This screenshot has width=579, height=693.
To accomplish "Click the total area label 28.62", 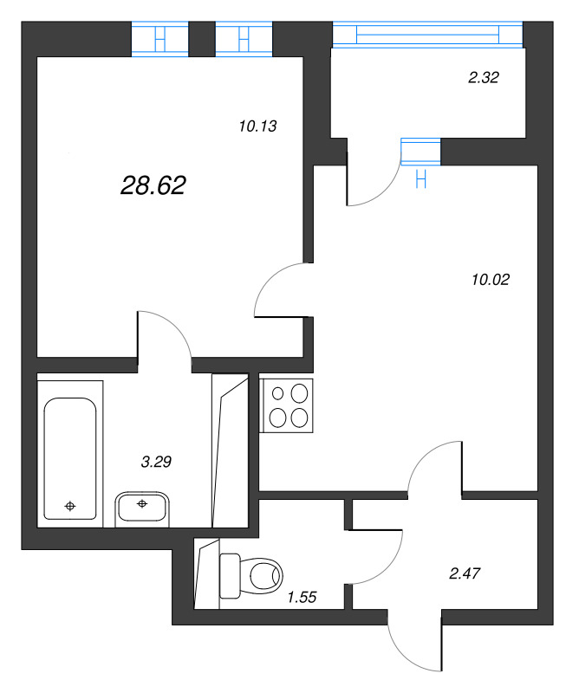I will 153,184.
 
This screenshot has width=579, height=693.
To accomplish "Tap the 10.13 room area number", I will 257,126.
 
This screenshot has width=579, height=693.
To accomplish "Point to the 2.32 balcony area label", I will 484,77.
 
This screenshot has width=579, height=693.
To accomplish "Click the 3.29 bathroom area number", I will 156,462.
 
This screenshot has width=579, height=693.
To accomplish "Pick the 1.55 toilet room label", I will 301,596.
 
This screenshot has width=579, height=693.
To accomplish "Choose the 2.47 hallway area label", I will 465,573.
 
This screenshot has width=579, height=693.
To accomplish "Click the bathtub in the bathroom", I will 70,458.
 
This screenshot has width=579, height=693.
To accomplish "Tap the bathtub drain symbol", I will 70,505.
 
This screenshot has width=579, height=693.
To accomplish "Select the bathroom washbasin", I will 141,506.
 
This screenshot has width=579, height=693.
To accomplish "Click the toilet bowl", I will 256,574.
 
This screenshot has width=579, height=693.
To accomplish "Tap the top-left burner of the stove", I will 279,393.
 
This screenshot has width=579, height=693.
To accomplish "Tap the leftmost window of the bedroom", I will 159,40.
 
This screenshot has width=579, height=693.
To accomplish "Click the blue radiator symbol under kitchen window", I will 421,179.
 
